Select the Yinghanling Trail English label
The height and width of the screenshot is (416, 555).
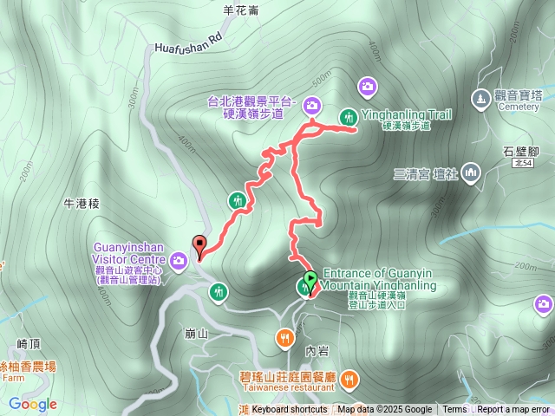point(406,114)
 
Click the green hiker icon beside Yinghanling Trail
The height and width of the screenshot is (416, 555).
point(349,116)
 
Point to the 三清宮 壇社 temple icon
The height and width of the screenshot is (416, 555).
point(471,172)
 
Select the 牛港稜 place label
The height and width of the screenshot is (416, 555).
point(83,204)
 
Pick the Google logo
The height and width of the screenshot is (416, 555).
point(33,404)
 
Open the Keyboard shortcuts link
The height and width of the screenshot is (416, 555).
point(290,410)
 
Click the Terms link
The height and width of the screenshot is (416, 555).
point(454,410)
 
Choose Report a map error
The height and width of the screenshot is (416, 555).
point(513,410)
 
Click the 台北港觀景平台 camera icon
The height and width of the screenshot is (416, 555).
point(312,107)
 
